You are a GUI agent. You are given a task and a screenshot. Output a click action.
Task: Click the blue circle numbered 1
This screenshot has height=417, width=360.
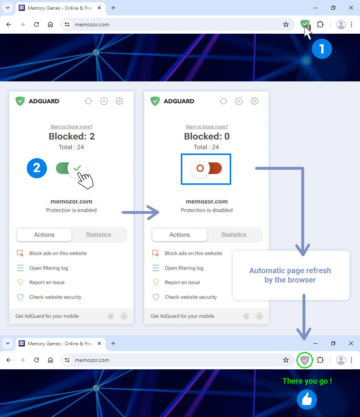point(322,49)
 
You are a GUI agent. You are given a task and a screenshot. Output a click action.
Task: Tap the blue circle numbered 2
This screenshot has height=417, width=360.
point(37,168)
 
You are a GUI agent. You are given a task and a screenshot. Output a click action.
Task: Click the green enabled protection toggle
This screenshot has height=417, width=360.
point(71,168)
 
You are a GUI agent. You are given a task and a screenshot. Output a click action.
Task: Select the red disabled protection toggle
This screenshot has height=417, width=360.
point(206,168)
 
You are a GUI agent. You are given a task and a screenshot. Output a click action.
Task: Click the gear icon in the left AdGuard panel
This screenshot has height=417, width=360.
point(119,101)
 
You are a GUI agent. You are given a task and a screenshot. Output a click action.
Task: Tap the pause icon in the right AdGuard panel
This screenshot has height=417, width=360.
point(239,101)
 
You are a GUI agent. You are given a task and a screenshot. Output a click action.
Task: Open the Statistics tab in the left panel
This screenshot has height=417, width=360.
point(98,235)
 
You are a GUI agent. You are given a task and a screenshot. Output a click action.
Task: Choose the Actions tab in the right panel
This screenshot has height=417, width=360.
point(180,235)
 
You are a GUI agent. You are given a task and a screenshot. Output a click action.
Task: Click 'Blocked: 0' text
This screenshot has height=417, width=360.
point(207,136)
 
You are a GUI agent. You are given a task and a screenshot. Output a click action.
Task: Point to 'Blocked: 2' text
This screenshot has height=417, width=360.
point(72,136)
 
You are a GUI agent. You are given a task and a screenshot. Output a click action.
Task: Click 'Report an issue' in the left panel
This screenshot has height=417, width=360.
point(47,283)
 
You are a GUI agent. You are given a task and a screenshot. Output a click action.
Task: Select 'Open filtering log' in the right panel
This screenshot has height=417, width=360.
point(184,268)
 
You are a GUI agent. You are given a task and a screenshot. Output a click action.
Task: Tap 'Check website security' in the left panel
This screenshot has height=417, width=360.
point(55,297)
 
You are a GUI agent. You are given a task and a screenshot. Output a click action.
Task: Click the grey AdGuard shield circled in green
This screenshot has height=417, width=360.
point(305,360)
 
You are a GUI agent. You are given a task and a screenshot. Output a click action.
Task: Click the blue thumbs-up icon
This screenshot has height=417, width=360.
point(307,400)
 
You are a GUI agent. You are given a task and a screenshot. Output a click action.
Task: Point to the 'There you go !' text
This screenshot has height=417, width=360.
point(307,381)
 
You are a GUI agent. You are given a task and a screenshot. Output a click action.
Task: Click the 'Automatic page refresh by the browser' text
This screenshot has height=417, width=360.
point(290,275)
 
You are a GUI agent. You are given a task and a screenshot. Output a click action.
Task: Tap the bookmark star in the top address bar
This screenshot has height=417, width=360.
point(286,25)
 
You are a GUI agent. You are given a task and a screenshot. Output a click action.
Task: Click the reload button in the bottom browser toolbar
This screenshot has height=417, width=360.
point(36,360)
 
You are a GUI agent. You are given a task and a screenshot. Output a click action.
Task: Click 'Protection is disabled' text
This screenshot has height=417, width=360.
point(207,210)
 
